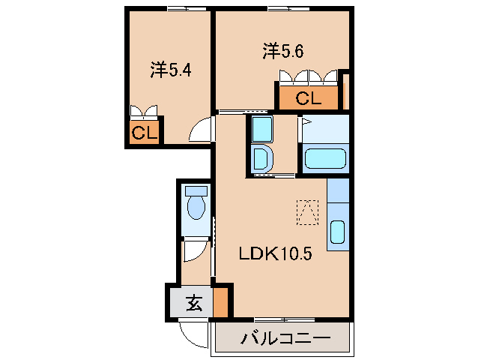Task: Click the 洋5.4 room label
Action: click(172, 70)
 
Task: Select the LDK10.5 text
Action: click(274, 253)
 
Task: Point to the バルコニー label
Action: click(285, 338)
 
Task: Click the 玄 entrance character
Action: click(193, 304)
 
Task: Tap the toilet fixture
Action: click(196, 203)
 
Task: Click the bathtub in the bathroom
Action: click(325, 160)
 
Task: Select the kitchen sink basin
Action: click(337, 235)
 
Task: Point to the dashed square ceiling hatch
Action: click(307, 211)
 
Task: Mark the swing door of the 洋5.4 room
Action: click(201, 130)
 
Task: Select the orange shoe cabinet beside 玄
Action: click(220, 304)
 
